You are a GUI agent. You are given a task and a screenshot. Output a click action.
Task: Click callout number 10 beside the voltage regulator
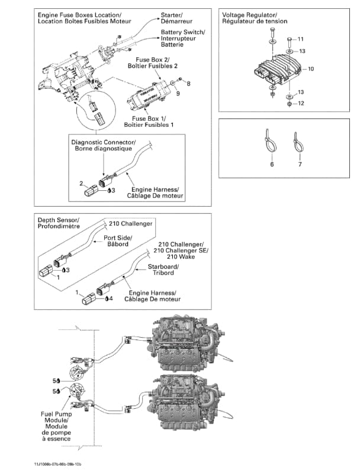coord(311,69)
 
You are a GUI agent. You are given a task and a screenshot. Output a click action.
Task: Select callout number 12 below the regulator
coord(301,104)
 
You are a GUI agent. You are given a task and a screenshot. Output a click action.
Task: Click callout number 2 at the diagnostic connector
coord(81,183)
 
